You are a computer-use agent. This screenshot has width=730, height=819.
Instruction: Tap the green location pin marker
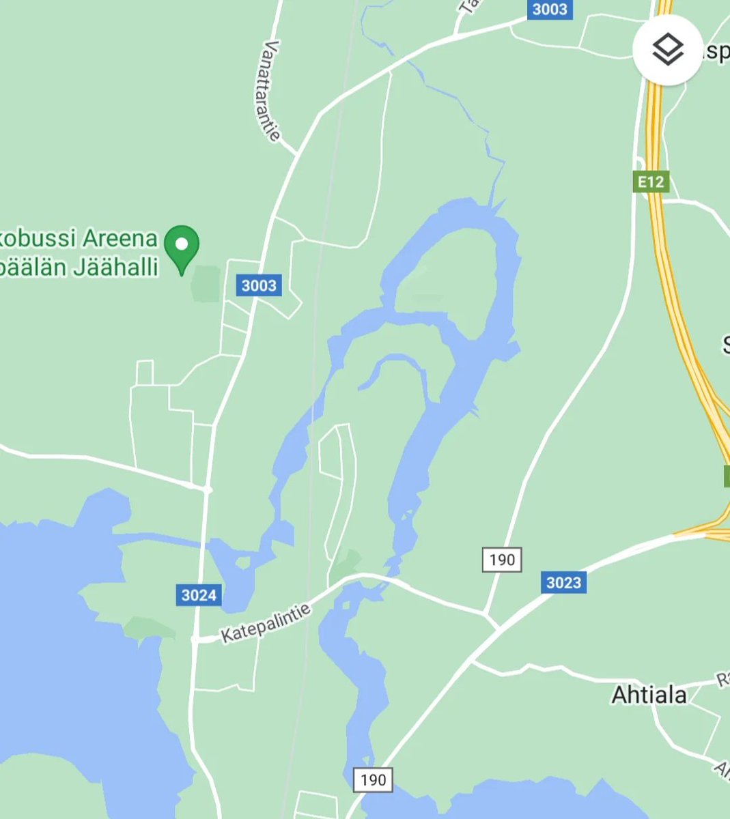click(x=182, y=247)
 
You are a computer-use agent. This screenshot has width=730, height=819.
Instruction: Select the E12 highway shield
click(x=650, y=182)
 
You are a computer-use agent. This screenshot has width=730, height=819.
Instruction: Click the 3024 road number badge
click(x=199, y=595)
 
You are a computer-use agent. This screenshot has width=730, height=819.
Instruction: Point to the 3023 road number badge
click(x=563, y=582)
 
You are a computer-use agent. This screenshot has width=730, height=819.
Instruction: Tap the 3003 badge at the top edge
click(x=549, y=8)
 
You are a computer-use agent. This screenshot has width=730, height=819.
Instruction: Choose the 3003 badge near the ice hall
click(x=259, y=285)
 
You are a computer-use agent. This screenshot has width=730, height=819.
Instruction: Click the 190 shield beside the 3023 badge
click(x=502, y=560)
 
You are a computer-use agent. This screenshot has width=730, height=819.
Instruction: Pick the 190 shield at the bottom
click(x=373, y=780)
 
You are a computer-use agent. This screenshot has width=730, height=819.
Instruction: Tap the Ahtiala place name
click(x=649, y=695)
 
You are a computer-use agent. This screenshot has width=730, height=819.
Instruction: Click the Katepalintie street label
click(x=266, y=623)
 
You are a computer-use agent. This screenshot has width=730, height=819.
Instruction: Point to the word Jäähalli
click(x=117, y=267)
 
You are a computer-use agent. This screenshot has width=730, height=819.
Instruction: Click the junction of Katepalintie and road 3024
click(x=195, y=640)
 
